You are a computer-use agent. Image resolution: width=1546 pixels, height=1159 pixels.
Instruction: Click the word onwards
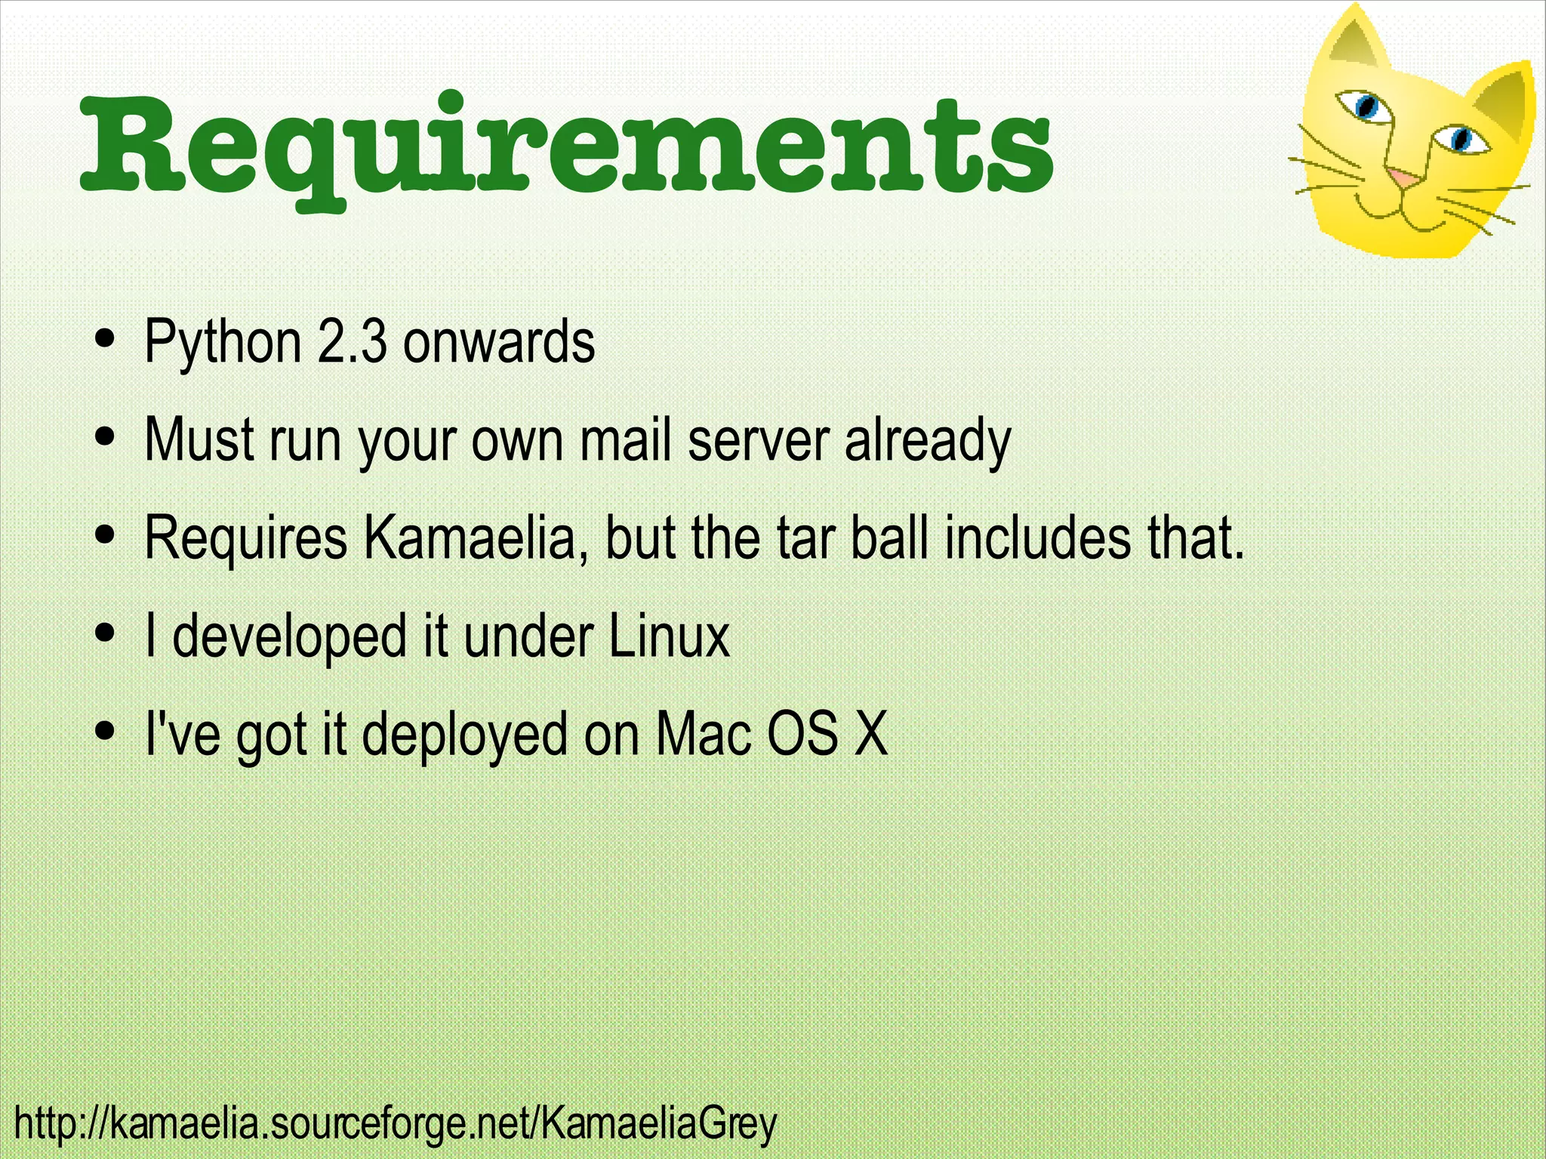point(499,342)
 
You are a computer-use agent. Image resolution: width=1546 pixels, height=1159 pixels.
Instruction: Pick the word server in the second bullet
point(759,441)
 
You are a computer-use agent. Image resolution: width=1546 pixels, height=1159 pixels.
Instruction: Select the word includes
point(1038,538)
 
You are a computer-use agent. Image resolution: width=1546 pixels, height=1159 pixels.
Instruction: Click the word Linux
point(669,636)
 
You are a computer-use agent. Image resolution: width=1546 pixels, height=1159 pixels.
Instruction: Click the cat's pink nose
point(1403,179)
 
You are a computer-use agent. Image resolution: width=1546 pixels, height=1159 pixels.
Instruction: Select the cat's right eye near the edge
point(1461,139)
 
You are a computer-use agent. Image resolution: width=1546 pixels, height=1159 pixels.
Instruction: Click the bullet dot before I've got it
point(106,730)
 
